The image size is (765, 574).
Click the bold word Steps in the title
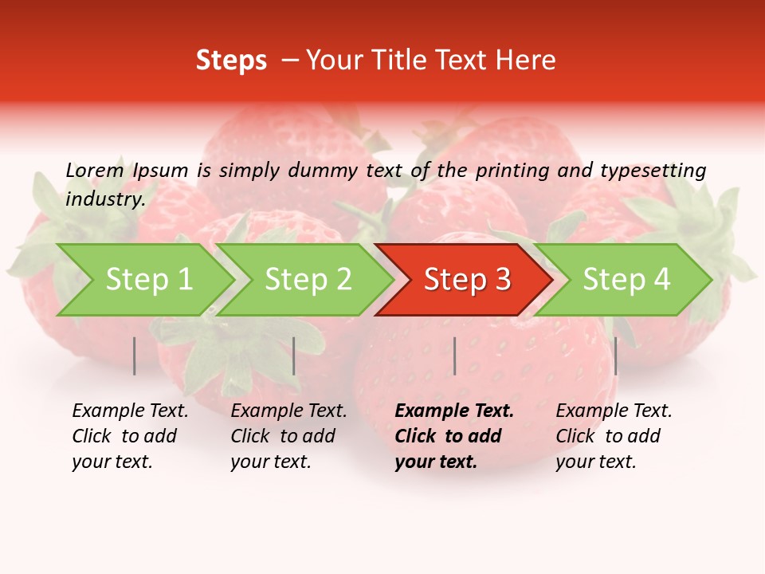tap(231, 61)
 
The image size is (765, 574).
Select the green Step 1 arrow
tap(148, 280)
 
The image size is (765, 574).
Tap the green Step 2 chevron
tap(308, 280)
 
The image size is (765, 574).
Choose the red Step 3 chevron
tap(466, 280)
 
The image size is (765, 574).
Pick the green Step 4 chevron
tap(626, 280)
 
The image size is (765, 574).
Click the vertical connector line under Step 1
tap(134, 356)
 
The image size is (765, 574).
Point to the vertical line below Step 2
tap(294, 356)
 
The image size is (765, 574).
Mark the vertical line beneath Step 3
tap(454, 356)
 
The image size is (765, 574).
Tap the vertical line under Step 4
tap(615, 356)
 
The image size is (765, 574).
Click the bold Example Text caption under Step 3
tap(453, 436)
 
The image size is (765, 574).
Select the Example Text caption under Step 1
tap(130, 436)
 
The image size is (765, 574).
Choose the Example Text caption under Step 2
tap(288, 436)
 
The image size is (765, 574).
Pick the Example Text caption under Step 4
tap(614, 436)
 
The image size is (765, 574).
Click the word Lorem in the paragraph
tap(94, 170)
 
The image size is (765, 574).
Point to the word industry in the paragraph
tap(104, 199)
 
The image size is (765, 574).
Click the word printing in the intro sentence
tap(512, 171)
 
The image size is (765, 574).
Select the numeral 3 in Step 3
tap(501, 280)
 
